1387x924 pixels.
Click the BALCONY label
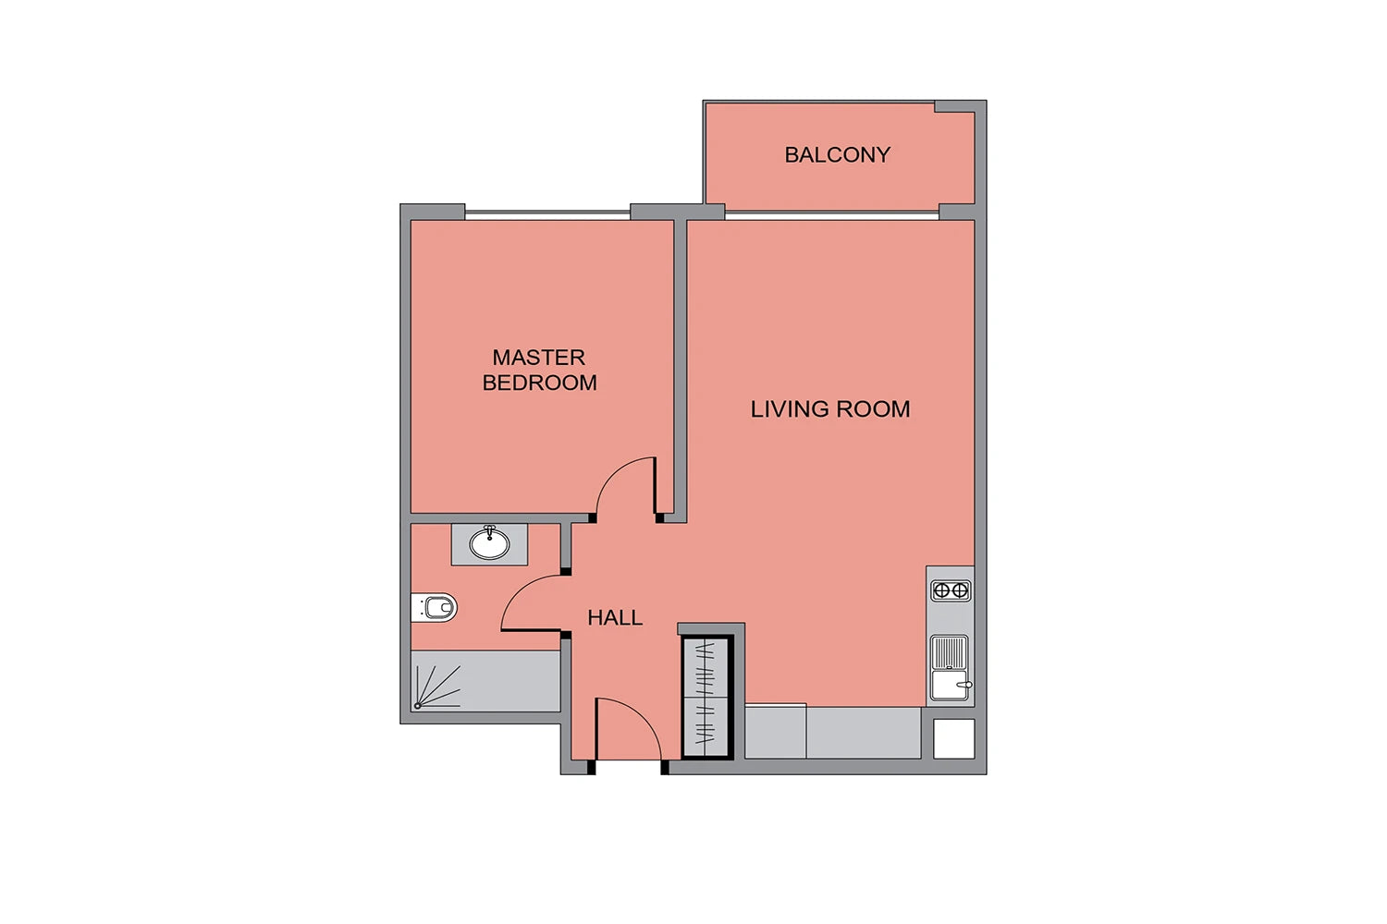[x=837, y=154]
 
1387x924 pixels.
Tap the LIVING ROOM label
[x=830, y=409]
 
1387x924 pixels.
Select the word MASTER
[x=539, y=357]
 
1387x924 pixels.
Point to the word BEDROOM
[x=539, y=383]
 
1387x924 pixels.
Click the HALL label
[x=615, y=617]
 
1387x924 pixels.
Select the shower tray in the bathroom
[x=486, y=681]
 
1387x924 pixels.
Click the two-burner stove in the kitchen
[x=951, y=591]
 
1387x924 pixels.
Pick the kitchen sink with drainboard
[x=950, y=668]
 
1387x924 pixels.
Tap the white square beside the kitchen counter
[x=953, y=738]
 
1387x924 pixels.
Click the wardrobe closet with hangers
[x=706, y=697]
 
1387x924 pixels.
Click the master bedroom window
[x=547, y=214]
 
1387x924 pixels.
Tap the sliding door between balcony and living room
[x=831, y=214]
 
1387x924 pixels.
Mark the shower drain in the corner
[x=418, y=706]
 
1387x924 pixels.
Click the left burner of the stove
[x=941, y=591]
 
